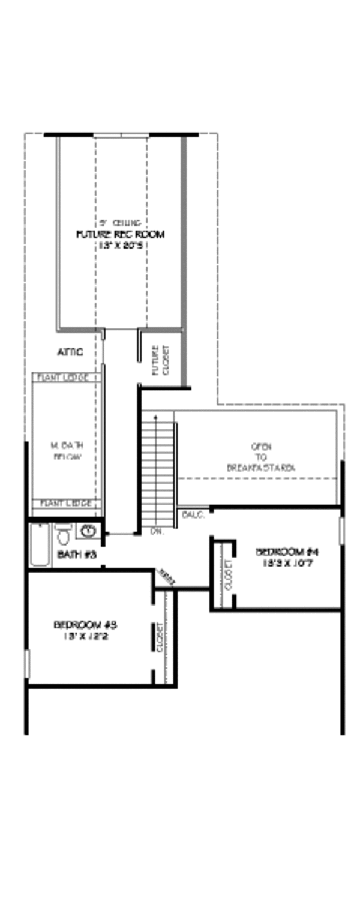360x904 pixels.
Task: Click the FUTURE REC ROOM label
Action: pyautogui.click(x=120, y=234)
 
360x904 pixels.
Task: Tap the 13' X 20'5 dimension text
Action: pyautogui.click(x=120, y=245)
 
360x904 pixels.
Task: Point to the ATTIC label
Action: pyautogui.click(x=70, y=352)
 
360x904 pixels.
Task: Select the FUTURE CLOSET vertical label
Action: pyautogui.click(x=160, y=360)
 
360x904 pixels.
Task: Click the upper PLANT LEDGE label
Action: pyautogui.click(x=64, y=378)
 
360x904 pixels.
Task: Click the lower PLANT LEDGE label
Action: pyautogui.click(x=65, y=503)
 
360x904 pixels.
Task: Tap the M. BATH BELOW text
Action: pyautogui.click(x=66, y=451)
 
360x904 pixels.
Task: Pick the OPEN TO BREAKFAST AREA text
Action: pyautogui.click(x=261, y=457)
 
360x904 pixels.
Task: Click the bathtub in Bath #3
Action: pyautogui.click(x=40, y=544)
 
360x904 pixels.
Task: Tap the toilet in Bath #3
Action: pyautogui.click(x=63, y=533)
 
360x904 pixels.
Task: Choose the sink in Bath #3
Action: pyautogui.click(x=88, y=531)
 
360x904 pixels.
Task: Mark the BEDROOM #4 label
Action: pyautogui.click(x=286, y=552)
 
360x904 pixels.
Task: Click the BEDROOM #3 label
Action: pyautogui.click(x=85, y=625)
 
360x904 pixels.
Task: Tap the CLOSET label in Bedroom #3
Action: pyautogui.click(x=160, y=637)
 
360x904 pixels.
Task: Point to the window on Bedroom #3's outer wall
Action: pyautogui.click(x=26, y=664)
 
